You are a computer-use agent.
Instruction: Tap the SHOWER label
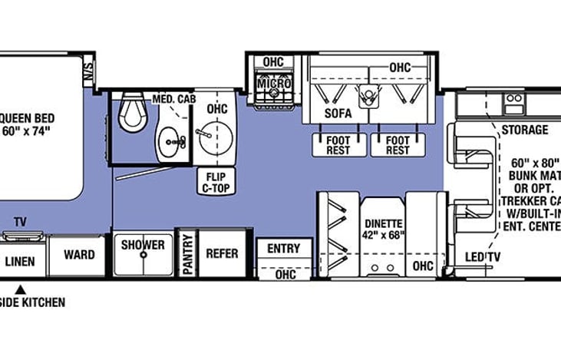143,245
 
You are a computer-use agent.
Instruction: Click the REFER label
222,253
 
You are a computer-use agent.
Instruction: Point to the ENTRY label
283,249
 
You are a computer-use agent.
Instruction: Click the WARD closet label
79,255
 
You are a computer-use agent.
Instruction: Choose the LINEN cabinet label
20,261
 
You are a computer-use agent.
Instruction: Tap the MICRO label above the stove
273,83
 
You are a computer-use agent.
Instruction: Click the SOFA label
337,114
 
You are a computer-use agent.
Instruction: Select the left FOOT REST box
338,145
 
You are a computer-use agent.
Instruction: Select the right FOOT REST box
397,145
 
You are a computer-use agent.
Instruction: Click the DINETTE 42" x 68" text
383,230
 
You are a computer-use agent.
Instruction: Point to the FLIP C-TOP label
215,182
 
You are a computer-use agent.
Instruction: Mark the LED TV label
483,256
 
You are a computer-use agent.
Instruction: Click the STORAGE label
525,130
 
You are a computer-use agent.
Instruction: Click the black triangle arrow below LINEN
21,289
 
